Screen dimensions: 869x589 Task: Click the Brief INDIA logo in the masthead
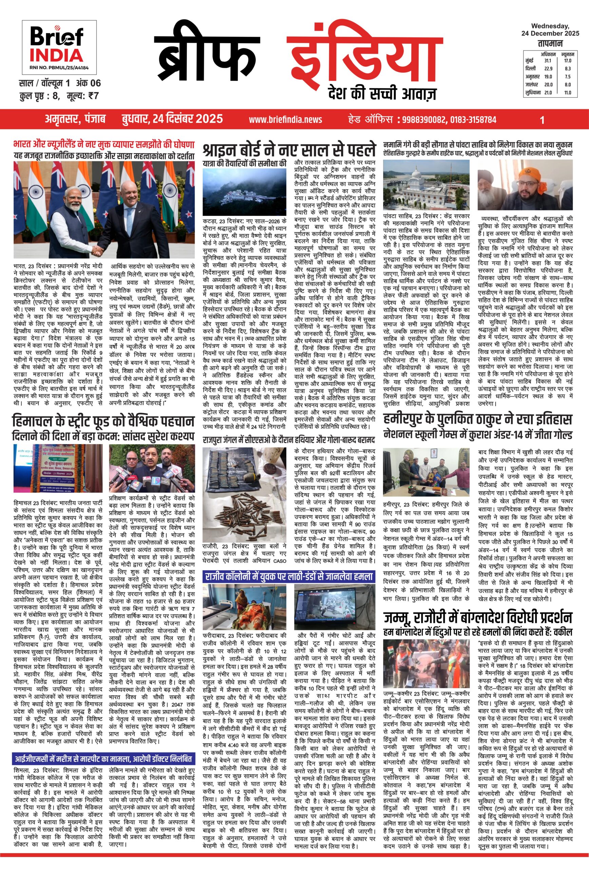(x=59, y=46)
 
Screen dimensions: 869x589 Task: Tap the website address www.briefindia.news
(x=286, y=119)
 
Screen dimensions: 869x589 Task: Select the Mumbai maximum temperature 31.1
(x=548, y=60)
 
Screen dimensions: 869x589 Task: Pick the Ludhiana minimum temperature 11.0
(x=567, y=93)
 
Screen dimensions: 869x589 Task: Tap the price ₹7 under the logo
(x=92, y=96)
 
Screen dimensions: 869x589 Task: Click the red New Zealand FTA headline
(x=103, y=144)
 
